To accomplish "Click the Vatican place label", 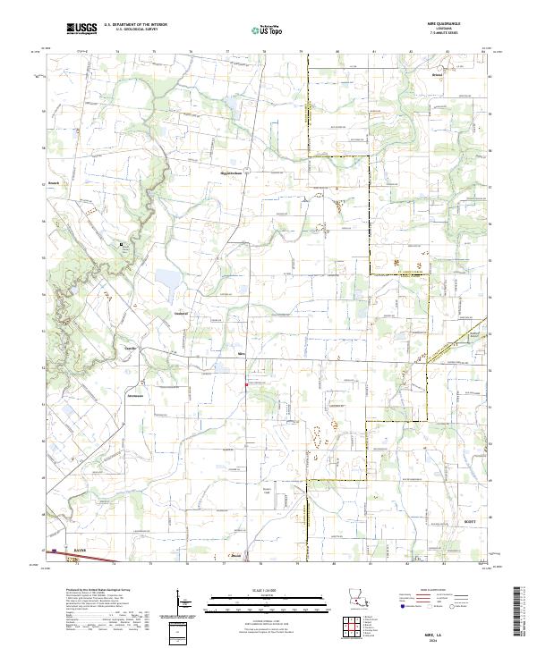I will click(178, 315).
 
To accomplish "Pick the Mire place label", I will click(240, 354).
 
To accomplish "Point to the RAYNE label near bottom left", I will click(80, 551).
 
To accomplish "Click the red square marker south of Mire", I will click(247, 385).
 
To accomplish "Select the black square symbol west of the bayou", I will click(122, 244).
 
